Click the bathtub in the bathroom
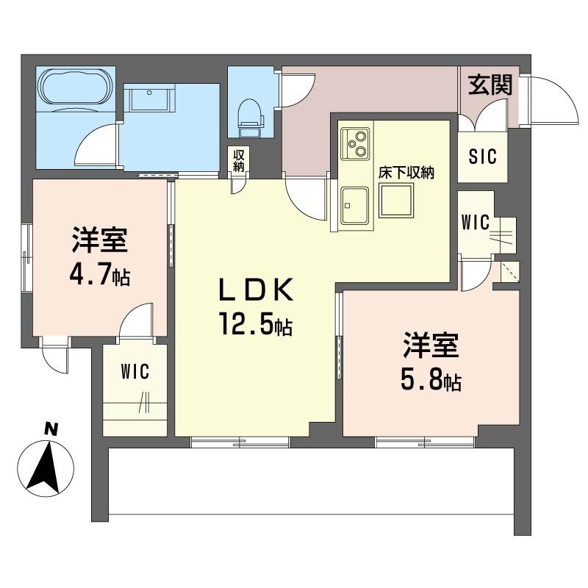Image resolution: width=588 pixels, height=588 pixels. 76,88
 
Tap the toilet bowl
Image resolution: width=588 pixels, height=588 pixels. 249,112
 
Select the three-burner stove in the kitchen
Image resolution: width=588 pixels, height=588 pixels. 355,144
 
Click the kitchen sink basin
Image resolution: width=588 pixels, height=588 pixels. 355,206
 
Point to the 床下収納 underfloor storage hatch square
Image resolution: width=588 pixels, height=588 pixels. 396,201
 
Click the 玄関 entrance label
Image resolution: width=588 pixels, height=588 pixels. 490,85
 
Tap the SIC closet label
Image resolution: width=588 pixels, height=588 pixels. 483,157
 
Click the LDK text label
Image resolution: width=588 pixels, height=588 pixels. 256,290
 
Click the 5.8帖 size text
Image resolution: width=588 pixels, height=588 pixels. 431,381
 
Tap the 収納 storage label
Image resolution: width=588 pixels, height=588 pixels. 238,160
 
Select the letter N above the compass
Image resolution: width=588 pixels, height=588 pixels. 51,429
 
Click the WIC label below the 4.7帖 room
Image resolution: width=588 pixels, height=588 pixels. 135,372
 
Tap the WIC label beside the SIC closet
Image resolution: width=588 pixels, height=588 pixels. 476,223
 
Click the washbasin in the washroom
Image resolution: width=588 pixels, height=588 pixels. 150,98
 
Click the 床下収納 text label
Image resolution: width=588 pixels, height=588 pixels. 406,173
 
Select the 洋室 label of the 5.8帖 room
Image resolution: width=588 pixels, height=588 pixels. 431,345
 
